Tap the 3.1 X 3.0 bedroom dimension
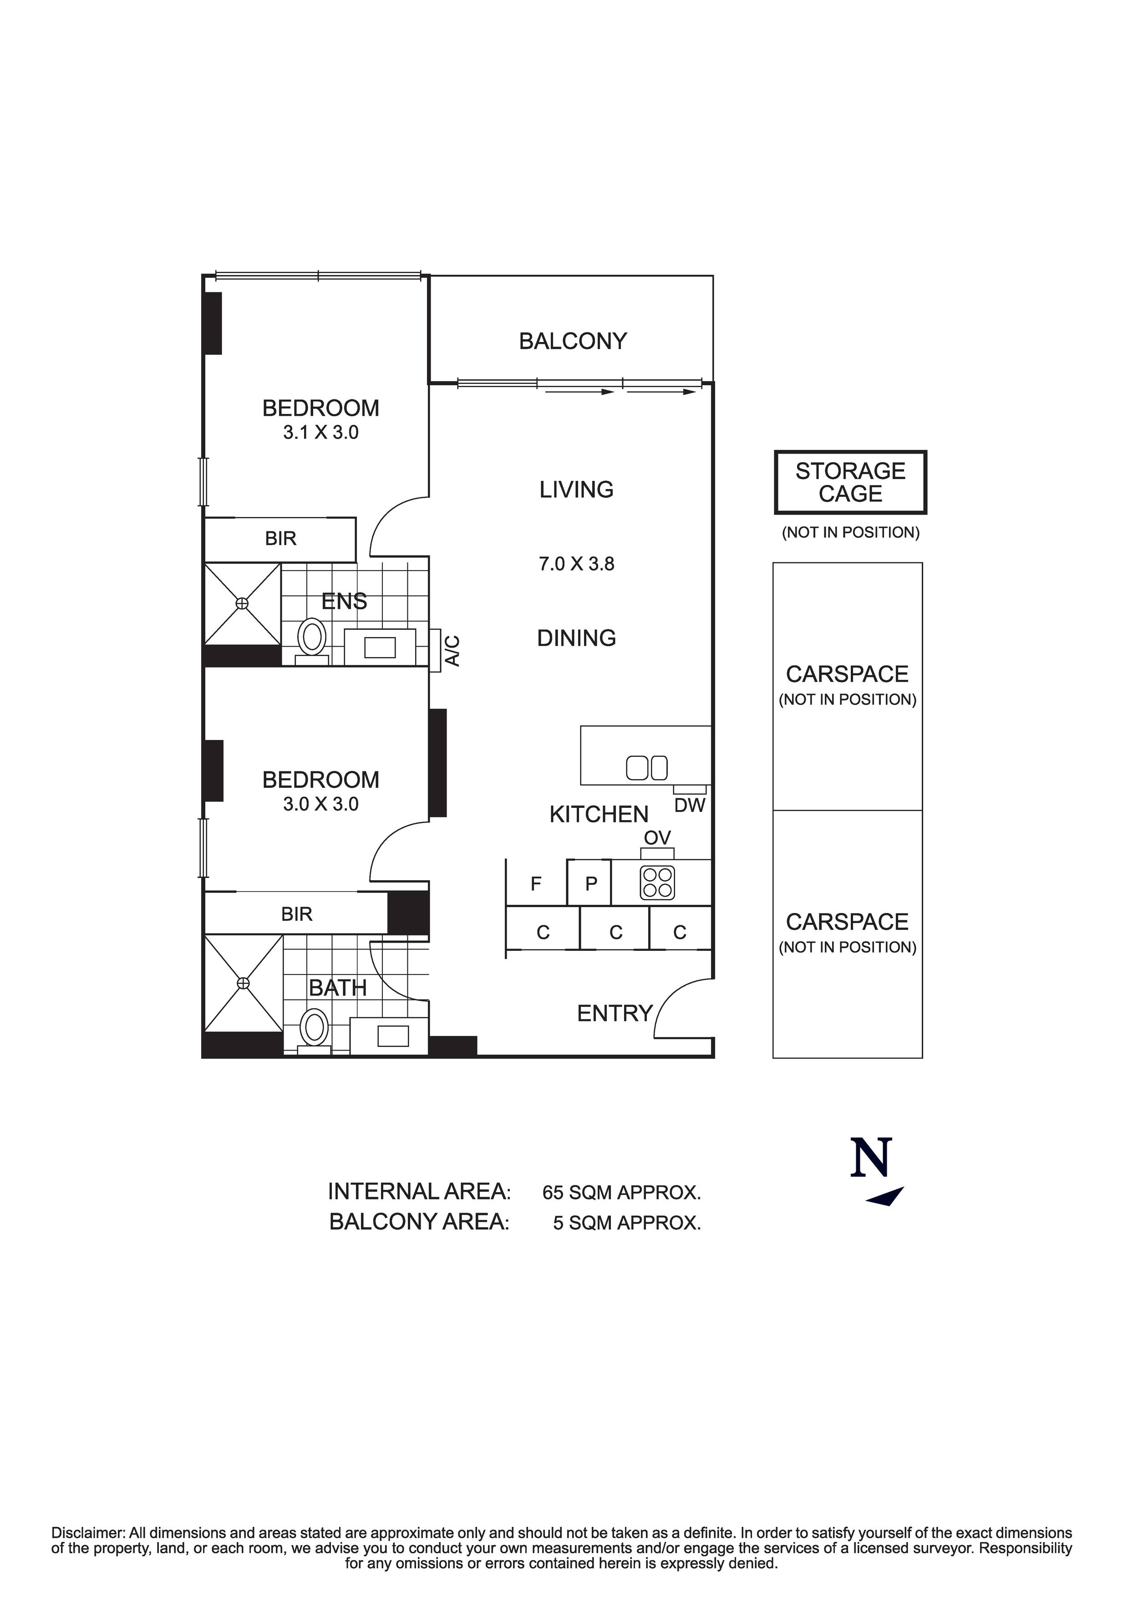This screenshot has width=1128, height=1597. (x=320, y=433)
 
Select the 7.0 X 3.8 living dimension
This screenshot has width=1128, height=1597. (x=576, y=564)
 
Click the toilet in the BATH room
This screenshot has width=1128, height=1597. (x=315, y=1029)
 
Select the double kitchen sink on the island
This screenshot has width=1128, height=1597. (x=647, y=768)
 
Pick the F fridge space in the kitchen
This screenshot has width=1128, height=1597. (x=536, y=884)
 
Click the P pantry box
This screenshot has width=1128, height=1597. (x=591, y=884)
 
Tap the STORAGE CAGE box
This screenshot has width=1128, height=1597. (x=850, y=482)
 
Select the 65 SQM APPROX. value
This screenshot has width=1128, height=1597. (x=621, y=1193)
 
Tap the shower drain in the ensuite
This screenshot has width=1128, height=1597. (x=242, y=603)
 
